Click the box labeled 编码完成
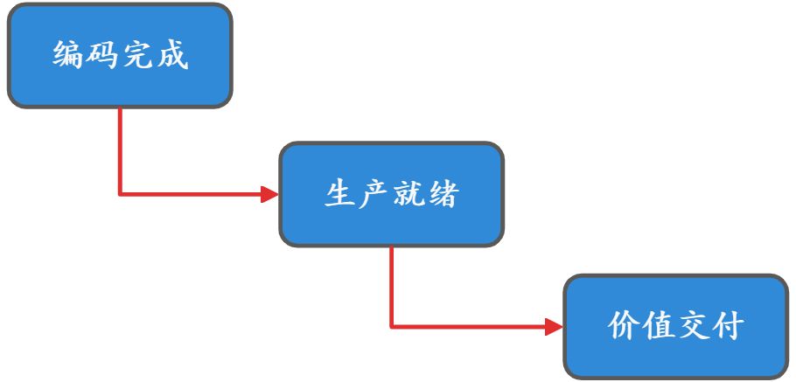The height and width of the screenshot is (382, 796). (120, 56)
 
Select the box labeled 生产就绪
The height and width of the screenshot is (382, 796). (391, 194)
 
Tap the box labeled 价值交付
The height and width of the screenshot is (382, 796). (675, 326)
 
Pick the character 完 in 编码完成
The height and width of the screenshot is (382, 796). (137, 57)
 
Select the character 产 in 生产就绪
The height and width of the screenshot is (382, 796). (374, 194)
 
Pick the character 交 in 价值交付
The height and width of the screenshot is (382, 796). (693, 327)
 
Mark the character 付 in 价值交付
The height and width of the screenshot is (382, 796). (727, 327)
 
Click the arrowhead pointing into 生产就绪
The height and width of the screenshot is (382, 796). (269, 194)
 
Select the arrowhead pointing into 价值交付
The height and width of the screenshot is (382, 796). (553, 327)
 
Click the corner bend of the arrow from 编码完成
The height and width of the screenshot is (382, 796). (120, 194)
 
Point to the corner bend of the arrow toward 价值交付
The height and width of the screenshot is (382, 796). (391, 327)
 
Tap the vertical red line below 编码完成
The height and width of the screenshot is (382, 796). (120, 149)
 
